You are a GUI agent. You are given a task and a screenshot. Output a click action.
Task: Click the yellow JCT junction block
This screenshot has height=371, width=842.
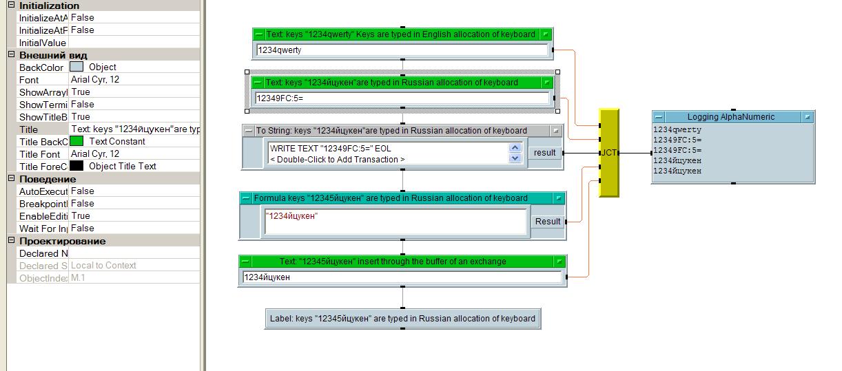coord(609,152)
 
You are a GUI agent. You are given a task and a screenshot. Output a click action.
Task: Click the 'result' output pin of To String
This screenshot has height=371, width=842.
coord(544,153)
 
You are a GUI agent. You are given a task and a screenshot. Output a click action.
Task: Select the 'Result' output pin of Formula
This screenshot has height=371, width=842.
coord(548,222)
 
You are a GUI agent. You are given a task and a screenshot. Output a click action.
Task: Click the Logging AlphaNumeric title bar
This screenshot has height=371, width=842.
coord(730,117)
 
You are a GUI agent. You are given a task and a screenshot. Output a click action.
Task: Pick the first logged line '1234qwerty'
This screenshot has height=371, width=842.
coord(677,130)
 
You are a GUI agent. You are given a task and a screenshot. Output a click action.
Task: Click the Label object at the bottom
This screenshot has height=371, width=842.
coord(402,319)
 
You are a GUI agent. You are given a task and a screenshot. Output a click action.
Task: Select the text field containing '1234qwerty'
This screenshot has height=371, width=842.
coord(402,50)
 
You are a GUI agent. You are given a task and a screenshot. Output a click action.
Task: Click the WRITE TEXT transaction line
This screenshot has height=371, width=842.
coord(331,148)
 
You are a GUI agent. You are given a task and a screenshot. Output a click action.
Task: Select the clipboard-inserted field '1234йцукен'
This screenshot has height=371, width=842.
coord(401,277)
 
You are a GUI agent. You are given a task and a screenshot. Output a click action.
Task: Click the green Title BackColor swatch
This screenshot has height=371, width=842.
coord(76,141)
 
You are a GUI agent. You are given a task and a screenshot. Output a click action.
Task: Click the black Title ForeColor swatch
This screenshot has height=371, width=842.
coord(76,166)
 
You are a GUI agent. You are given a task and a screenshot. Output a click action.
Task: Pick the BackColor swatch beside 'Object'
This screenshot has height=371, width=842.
coord(76,67)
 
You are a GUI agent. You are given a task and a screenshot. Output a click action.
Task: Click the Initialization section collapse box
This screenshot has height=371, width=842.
coord(11,6)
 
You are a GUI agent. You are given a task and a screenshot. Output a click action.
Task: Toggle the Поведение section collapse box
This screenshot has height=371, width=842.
coord(11,179)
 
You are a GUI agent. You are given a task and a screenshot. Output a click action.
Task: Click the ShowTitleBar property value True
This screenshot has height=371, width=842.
coord(81,116)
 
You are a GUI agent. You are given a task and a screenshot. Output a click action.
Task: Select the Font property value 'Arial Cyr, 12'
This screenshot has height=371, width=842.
coord(95,79)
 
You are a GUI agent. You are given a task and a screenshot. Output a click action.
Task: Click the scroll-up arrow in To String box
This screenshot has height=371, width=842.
coord(515,147)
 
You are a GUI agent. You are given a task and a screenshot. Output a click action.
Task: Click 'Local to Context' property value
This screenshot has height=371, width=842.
coord(103,265)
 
